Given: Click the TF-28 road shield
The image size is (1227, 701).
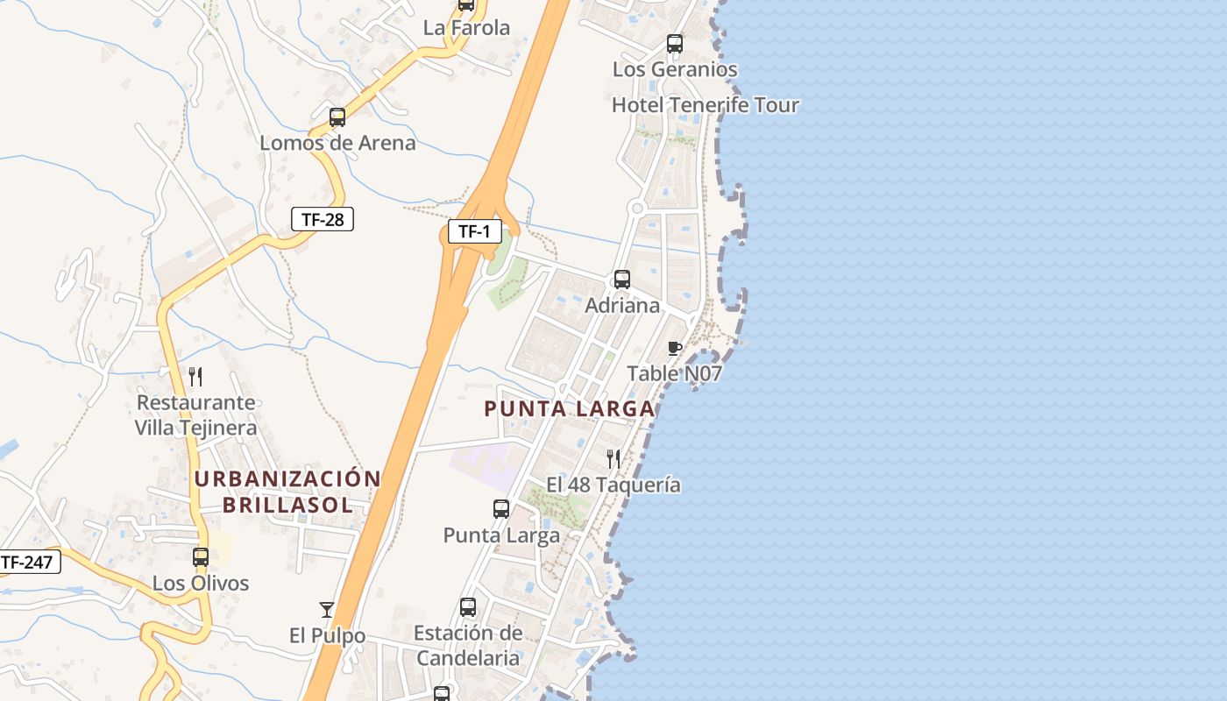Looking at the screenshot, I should pos(323,219).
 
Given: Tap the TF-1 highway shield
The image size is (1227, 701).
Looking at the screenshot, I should pos(474,232).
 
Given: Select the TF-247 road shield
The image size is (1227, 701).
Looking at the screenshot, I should pos(29,562).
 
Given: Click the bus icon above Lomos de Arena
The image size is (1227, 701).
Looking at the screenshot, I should pos(337,117).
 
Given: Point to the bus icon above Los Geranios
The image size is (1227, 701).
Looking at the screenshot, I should pos(674,44).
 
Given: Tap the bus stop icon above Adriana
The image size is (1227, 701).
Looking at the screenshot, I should pos(621,280).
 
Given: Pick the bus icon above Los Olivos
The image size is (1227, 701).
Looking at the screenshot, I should pos(201,557).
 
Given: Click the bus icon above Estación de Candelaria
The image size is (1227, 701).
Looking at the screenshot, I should pos(468,607).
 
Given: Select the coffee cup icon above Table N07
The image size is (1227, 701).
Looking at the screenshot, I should pos(674,349).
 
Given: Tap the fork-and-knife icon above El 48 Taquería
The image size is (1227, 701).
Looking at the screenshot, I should pos(613,458).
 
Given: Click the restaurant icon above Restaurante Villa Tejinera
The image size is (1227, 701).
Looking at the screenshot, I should pos(195,377).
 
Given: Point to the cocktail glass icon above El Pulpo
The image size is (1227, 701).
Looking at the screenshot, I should pos(327,610).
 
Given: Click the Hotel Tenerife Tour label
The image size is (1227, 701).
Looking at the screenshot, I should pos(706,105).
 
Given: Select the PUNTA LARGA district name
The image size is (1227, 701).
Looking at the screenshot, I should pos(570,408).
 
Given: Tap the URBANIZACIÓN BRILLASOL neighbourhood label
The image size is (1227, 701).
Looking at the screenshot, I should pos(287,492).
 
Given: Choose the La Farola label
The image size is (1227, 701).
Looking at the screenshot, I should pos(466,28).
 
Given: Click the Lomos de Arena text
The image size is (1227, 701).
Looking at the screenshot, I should pos(337,143).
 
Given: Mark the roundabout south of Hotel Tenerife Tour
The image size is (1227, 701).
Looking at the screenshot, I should pos(637,209).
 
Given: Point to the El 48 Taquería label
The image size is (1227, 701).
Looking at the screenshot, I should pos(613,485).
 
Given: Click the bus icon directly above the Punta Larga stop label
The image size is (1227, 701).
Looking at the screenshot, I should pos(501,509).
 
